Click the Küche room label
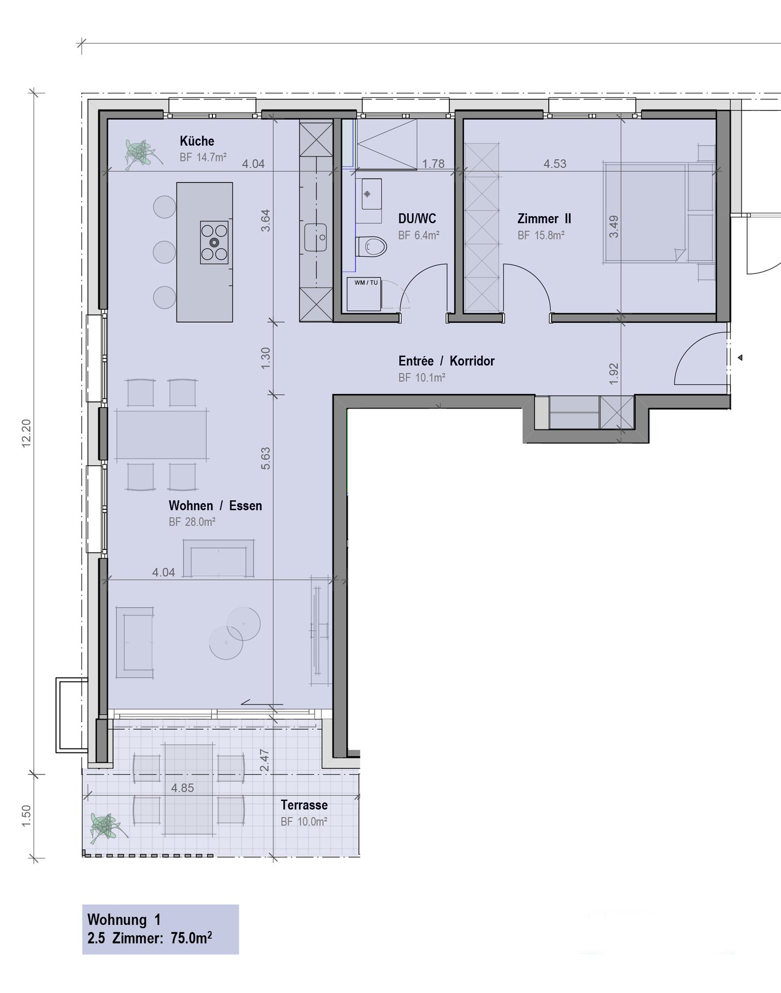[x=197, y=141]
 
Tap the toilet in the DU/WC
[x=372, y=246]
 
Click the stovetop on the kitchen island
[x=215, y=243]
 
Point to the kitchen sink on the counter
[x=316, y=237]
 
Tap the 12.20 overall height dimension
[x=26, y=433]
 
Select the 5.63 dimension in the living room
[x=266, y=458]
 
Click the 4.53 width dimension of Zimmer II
[x=555, y=164]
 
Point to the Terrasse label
[x=304, y=805]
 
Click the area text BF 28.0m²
[x=192, y=522]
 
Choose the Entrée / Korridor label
[x=446, y=361]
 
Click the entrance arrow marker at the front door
[x=740, y=358]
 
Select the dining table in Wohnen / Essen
[x=161, y=435]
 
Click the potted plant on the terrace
[x=106, y=826]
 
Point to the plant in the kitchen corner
[x=140, y=153]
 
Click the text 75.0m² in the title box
[x=191, y=938]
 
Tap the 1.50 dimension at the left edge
[x=26, y=815]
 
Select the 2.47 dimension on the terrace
[x=264, y=760]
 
